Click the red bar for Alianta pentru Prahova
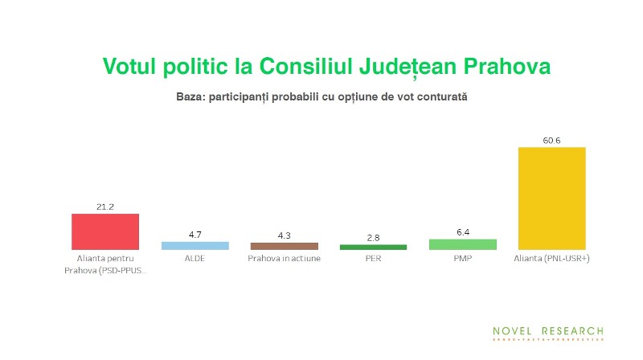[x=105, y=231]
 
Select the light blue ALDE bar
[x=195, y=246]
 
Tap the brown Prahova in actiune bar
[x=284, y=246]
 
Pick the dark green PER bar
[x=373, y=247]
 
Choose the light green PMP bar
[x=462, y=244]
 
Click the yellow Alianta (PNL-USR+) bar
[x=551, y=198]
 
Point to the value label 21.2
[x=105, y=207]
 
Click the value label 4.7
[x=195, y=235]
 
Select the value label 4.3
[x=284, y=235]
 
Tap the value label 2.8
[x=373, y=238]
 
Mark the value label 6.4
[x=462, y=232]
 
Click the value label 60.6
[x=551, y=141]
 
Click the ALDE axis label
[x=195, y=260]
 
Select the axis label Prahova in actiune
[x=284, y=260]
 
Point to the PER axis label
[x=373, y=260]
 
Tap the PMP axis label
[x=462, y=260]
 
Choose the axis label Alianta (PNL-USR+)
[x=551, y=260]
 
